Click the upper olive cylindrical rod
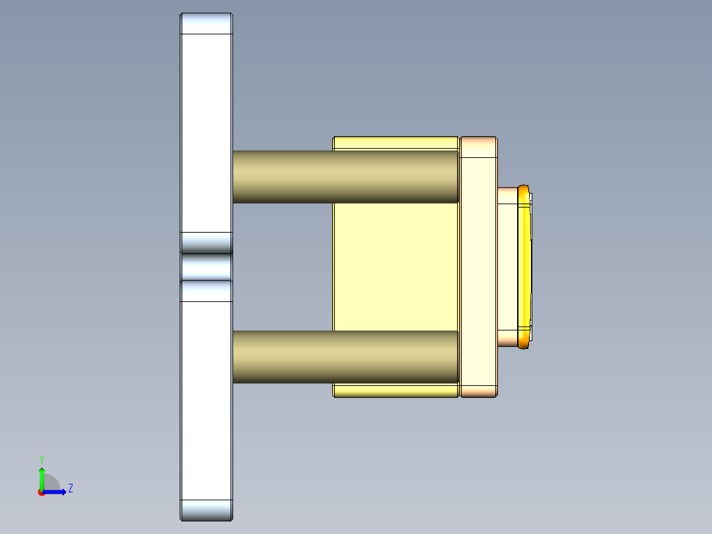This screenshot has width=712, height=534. coord(345,176)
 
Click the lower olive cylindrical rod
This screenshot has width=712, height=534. coord(345,357)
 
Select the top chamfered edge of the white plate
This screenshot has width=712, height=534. coord(206,24)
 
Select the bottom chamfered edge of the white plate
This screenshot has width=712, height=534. coord(206,510)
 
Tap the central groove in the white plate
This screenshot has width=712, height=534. coord(206,267)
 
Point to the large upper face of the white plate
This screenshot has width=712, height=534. coord(206,132)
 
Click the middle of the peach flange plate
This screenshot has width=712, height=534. coord(478,267)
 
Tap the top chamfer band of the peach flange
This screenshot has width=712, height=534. coord(478,147)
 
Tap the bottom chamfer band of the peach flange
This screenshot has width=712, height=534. coord(478,391)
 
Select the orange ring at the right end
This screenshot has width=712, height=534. coord(526,267)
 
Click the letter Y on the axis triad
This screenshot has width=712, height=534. coord(41,459)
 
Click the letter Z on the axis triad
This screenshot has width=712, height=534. coord(70,488)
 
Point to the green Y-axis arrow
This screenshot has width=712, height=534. coord(42,477)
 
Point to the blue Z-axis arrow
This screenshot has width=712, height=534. coord(56,492)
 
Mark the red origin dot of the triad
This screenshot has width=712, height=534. coord(41,492)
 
